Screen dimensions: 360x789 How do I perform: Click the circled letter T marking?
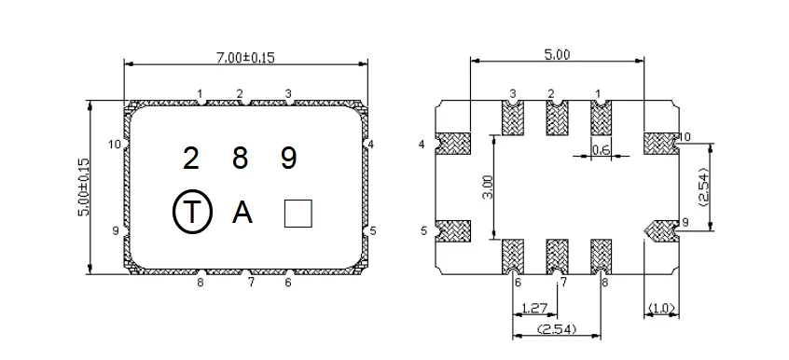(x=191, y=213)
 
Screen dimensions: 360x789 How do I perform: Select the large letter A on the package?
(x=242, y=213)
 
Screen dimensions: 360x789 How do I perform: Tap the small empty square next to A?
(x=298, y=214)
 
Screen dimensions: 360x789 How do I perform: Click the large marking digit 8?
(x=240, y=159)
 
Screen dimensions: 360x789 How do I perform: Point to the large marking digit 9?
(x=289, y=159)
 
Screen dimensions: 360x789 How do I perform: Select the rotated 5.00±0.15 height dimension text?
(x=83, y=187)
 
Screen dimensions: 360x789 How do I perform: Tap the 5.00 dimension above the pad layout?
(x=557, y=55)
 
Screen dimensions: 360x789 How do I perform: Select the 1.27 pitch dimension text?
(x=533, y=308)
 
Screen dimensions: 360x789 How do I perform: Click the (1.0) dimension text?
(x=661, y=309)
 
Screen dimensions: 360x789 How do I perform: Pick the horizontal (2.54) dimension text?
(x=557, y=329)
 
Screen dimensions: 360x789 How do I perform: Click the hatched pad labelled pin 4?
(x=453, y=145)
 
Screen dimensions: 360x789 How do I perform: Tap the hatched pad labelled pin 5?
(x=453, y=228)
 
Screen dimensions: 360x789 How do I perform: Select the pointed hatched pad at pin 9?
(x=660, y=228)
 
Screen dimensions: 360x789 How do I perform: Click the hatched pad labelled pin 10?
(x=660, y=144)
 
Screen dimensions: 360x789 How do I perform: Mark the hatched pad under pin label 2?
(x=557, y=118)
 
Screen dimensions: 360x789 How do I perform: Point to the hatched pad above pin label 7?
(x=557, y=255)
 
